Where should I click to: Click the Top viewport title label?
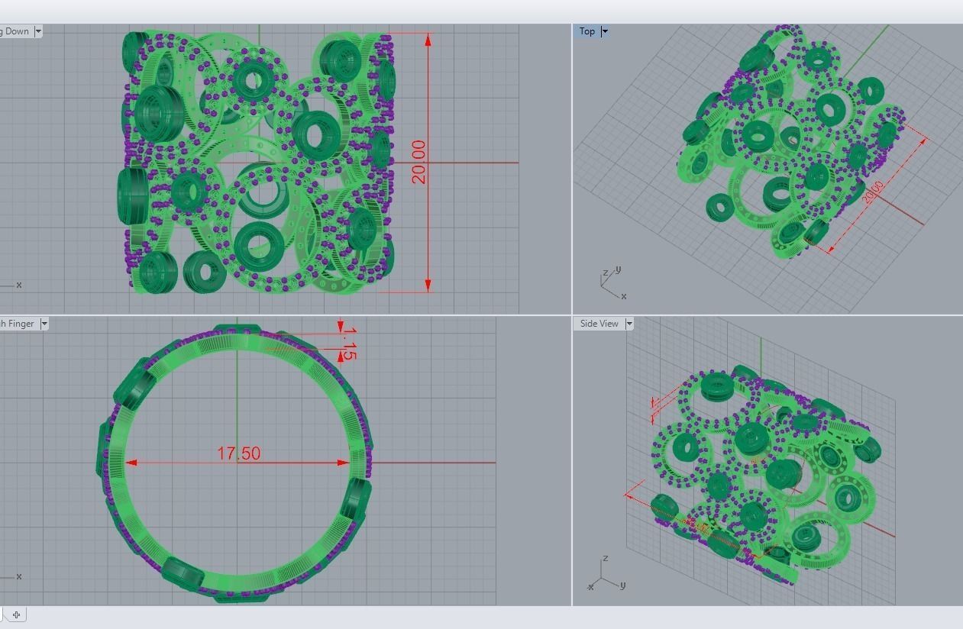(587, 31)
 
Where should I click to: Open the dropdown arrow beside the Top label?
(605, 31)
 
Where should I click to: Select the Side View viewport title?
(599, 324)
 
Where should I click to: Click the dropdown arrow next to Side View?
(629, 324)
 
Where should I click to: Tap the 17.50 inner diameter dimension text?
(238, 453)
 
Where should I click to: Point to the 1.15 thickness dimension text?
(348, 343)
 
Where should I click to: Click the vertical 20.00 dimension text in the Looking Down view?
(418, 162)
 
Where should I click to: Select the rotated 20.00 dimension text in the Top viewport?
(874, 192)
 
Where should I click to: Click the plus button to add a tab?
(16, 614)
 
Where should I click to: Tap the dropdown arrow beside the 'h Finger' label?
(44, 324)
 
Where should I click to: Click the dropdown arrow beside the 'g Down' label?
(38, 31)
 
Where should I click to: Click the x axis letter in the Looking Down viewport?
(19, 285)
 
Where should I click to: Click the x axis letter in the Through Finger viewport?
(19, 576)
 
